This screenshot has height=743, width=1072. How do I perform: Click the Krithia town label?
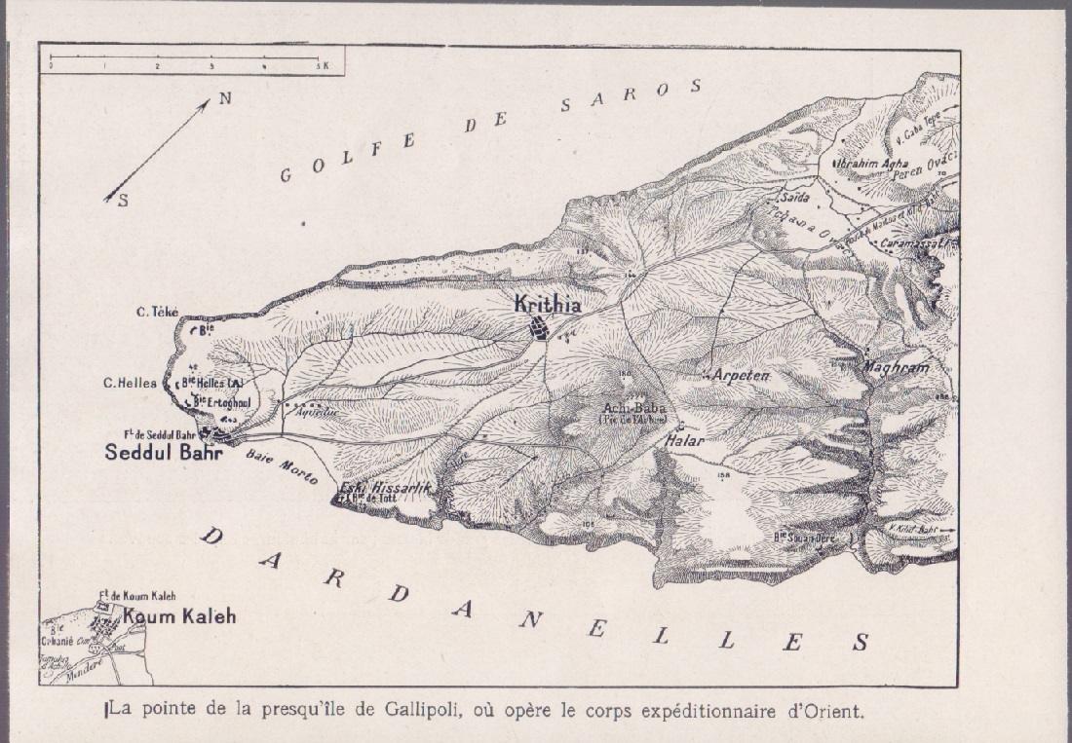tap(548, 305)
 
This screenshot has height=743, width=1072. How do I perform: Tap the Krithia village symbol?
tap(537, 328)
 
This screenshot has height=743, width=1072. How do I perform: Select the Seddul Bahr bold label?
tap(163, 454)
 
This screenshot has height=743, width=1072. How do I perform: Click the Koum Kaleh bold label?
tap(179, 616)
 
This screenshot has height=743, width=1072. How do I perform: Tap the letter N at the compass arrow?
tap(224, 97)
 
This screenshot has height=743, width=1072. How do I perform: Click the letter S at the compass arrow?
tap(123, 202)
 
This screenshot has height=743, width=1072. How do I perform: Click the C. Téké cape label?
tap(157, 312)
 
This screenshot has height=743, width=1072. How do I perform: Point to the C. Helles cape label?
tap(130, 383)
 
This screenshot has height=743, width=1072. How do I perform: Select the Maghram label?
tap(897, 367)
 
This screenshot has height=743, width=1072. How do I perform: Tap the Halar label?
tap(683, 440)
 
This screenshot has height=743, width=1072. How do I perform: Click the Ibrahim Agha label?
tap(870, 164)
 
